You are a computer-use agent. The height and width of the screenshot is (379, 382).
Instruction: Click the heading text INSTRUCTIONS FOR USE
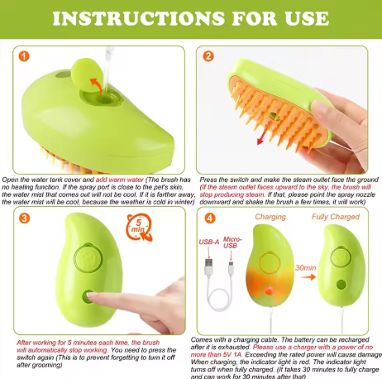191,19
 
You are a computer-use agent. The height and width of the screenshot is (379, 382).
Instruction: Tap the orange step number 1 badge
24,57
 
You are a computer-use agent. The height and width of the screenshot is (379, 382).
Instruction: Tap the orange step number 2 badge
208,57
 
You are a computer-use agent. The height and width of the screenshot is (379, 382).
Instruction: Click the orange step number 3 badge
24,218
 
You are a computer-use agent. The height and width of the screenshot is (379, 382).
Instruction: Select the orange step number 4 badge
208,218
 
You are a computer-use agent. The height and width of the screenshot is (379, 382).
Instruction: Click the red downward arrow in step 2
265,135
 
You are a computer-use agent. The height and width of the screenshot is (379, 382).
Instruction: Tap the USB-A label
210,242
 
